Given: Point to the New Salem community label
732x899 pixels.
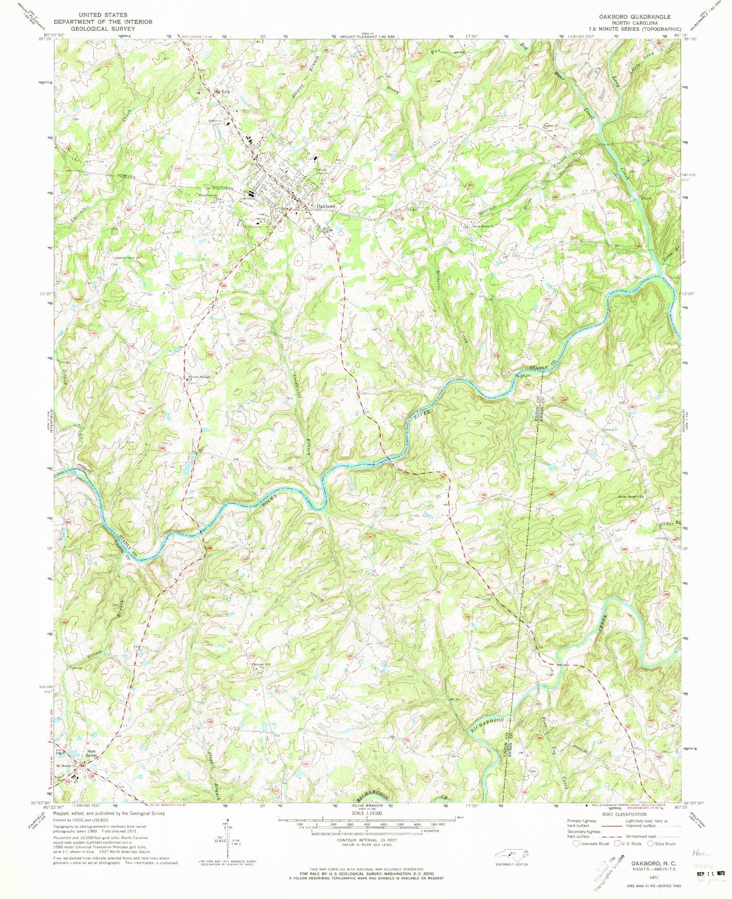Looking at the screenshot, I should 91,753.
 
